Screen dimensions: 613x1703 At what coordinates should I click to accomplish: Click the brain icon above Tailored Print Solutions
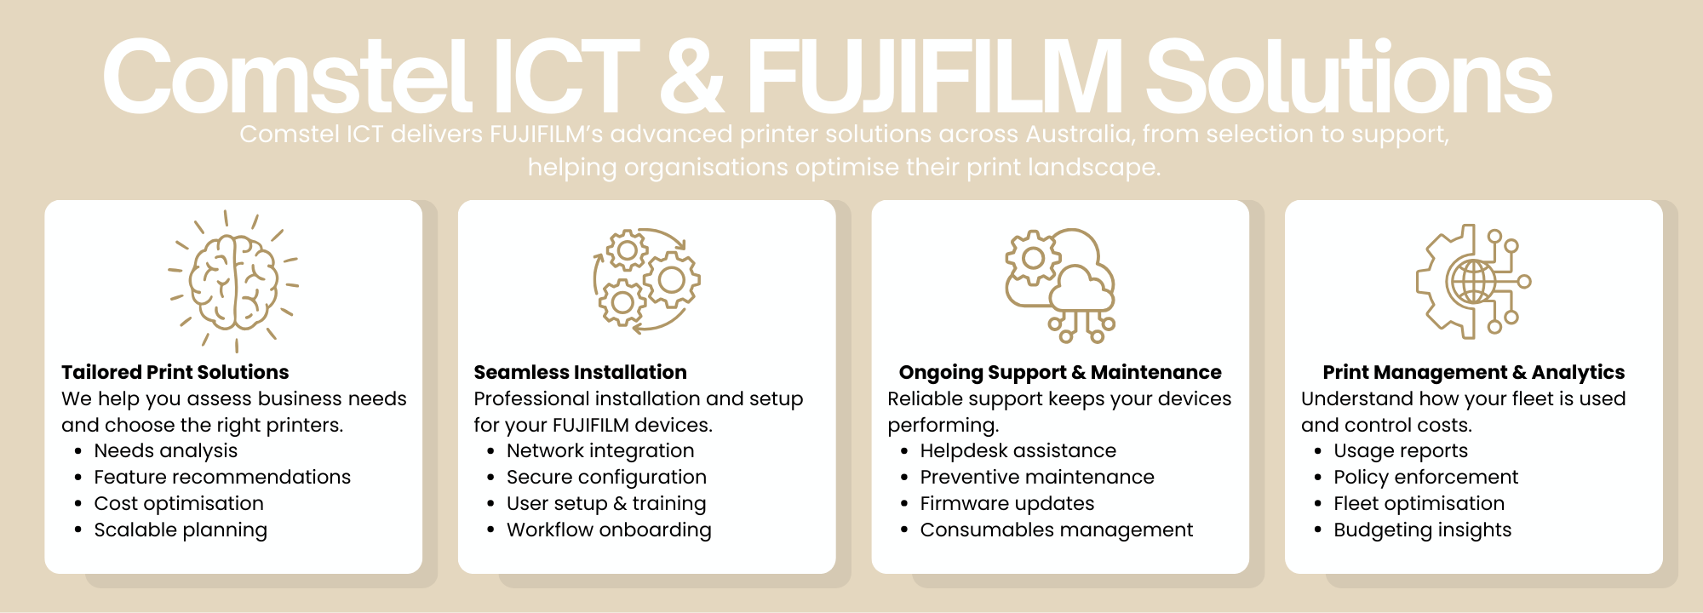coord(233,281)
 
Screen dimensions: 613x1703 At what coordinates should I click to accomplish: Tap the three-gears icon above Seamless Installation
coord(646,279)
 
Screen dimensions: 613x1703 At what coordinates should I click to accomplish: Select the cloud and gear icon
coord(1060,284)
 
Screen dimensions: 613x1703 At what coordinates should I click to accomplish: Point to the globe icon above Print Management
coord(1473,281)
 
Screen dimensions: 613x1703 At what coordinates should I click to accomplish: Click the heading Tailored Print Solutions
coord(175,372)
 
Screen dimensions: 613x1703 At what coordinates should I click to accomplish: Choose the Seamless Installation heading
coord(580,372)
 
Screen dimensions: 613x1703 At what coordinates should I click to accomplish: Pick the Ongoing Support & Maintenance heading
coord(1060,372)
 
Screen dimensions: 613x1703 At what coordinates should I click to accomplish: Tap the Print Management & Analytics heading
coord(1473,372)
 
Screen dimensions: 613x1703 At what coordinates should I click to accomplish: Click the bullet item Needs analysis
coord(165,450)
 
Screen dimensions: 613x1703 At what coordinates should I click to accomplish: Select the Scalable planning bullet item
coord(181,530)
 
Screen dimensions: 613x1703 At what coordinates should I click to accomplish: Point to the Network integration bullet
coord(600,450)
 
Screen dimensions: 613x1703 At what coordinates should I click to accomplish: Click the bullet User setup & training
coord(606,503)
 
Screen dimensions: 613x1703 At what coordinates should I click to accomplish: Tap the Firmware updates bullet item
coord(1006,503)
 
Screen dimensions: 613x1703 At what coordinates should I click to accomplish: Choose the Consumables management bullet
coord(1056,530)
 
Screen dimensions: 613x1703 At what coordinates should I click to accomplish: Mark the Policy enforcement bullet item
coord(1425,477)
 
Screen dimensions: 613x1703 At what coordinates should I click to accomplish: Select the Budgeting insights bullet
coord(1422,530)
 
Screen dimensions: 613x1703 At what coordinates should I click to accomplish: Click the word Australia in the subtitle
coord(1078,135)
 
